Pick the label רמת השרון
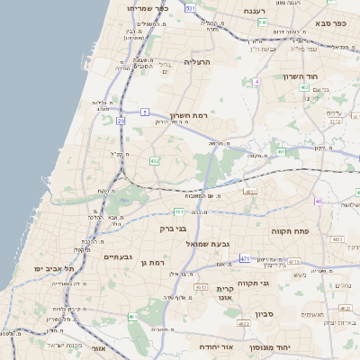[188, 116]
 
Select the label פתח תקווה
[290, 231]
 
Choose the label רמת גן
[155, 262]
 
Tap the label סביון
[264, 314]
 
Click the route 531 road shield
[190, 7]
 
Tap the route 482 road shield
[154, 161]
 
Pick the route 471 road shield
[245, 259]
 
